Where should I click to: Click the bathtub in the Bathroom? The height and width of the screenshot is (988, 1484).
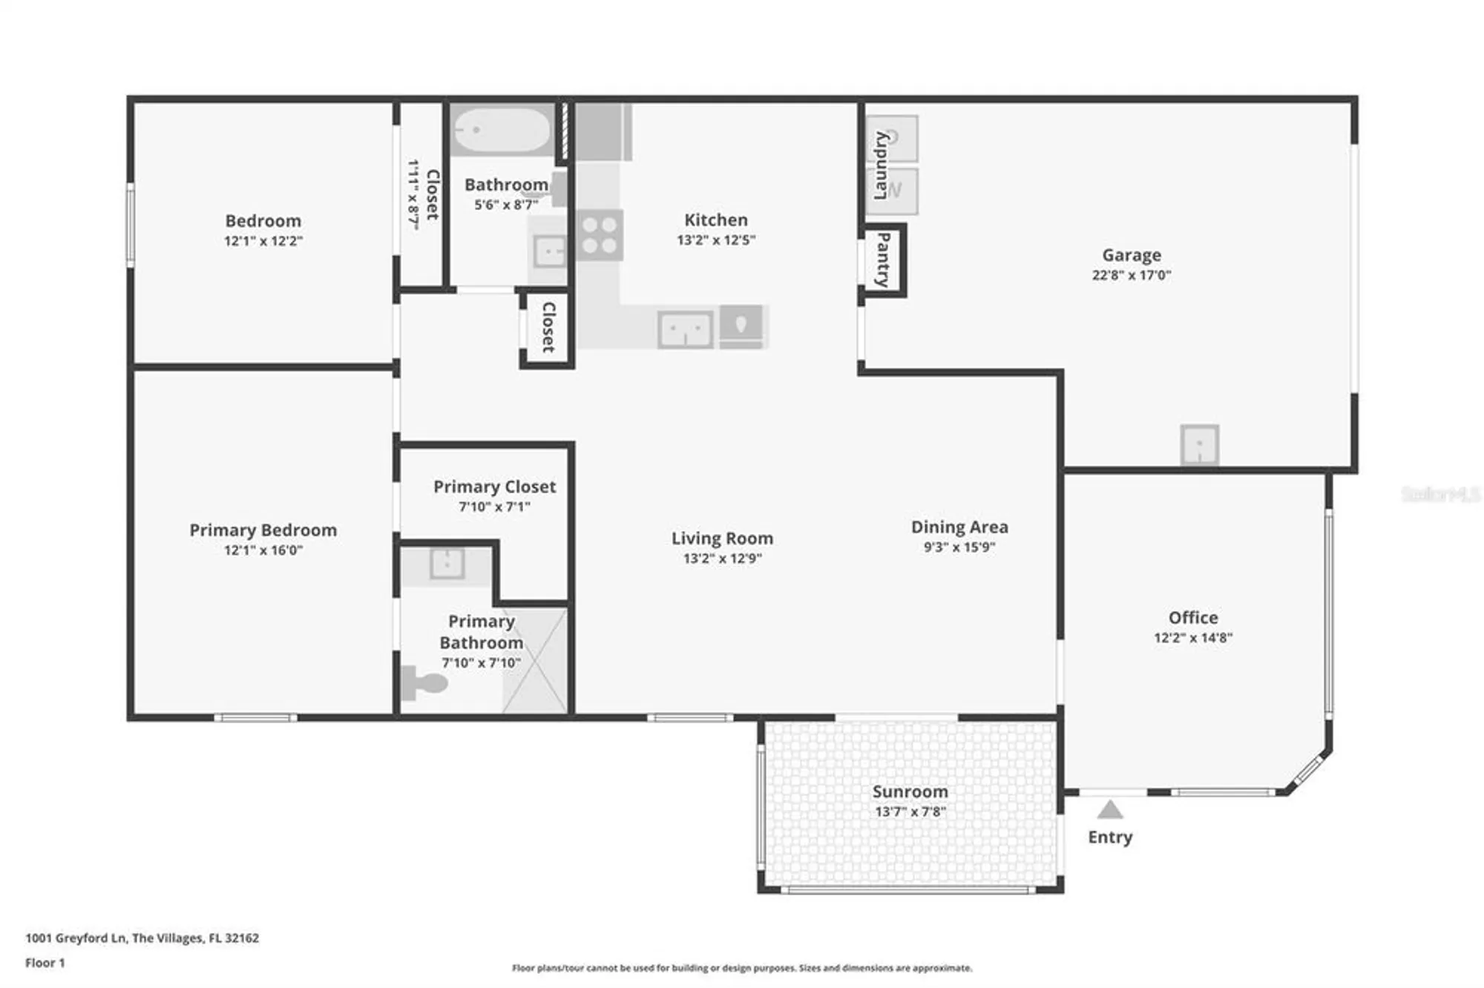[x=502, y=130]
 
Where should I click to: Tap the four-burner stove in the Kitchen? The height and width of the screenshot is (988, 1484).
[x=600, y=235]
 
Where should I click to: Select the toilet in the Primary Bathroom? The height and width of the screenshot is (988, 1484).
[x=421, y=682]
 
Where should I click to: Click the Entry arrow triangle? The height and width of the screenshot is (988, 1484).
[x=1109, y=809]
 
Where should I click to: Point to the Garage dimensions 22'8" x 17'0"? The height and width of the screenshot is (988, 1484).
[x=1131, y=275]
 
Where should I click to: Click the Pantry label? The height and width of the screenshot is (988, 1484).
[x=883, y=260]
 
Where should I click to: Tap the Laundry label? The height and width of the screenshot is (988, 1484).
[x=881, y=165]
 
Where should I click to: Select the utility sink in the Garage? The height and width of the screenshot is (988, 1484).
[x=1199, y=444]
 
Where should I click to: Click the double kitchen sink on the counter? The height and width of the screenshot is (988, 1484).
[x=686, y=329]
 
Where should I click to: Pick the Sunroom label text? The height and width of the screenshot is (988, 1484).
[x=910, y=791]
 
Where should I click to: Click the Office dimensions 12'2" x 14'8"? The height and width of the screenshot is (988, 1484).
[x=1192, y=638]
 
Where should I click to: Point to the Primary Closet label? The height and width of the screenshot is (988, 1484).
[x=494, y=487]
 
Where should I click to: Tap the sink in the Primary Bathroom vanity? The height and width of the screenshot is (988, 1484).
[x=447, y=564]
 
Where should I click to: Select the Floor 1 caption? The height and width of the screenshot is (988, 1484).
[x=45, y=963]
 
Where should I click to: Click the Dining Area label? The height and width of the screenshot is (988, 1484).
[x=959, y=527]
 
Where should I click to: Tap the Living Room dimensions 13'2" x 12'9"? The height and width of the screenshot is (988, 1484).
[x=722, y=559]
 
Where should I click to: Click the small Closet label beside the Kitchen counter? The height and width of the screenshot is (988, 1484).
[x=548, y=326]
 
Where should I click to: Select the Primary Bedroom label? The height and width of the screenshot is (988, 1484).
[x=263, y=530]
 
